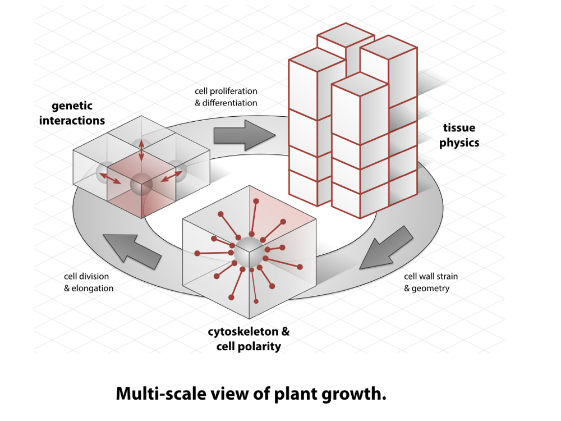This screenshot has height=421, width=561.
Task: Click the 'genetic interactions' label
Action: (72, 113)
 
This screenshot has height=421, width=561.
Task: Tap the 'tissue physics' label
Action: (459, 135)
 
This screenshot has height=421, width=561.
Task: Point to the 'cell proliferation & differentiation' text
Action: (226, 97)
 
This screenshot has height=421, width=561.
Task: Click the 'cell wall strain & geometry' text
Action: (431, 282)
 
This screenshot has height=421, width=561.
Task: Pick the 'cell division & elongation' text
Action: (88, 282)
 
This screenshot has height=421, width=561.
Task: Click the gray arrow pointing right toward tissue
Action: (245, 135)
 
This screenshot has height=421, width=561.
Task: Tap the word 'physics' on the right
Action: (459, 143)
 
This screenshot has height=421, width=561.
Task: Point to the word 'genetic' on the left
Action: (72, 106)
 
